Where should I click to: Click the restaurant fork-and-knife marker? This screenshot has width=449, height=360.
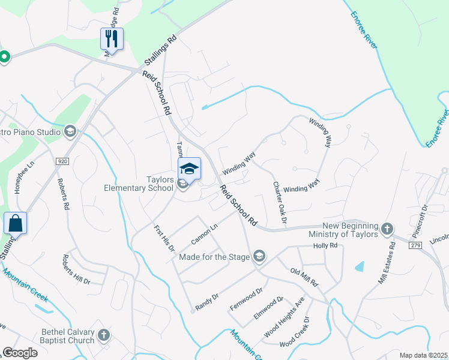pyautogui.click(x=112, y=39)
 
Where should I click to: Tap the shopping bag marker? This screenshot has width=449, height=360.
pyautogui.click(x=15, y=224)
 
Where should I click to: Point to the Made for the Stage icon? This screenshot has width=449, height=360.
pyautogui.click(x=259, y=257)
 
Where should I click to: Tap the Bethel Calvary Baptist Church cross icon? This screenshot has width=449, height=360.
pyautogui.click(x=103, y=335)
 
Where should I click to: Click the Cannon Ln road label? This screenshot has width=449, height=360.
pyautogui.click(x=203, y=234)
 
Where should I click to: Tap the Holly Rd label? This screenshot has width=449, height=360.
pyautogui.click(x=325, y=246)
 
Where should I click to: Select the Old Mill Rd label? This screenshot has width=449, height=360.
pyautogui.click(x=304, y=277)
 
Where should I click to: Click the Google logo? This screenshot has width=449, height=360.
pyautogui.click(x=20, y=353)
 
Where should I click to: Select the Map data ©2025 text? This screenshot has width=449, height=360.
pyautogui.click(x=423, y=355)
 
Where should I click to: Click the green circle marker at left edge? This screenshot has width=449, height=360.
pyautogui.click(x=4, y=57)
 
